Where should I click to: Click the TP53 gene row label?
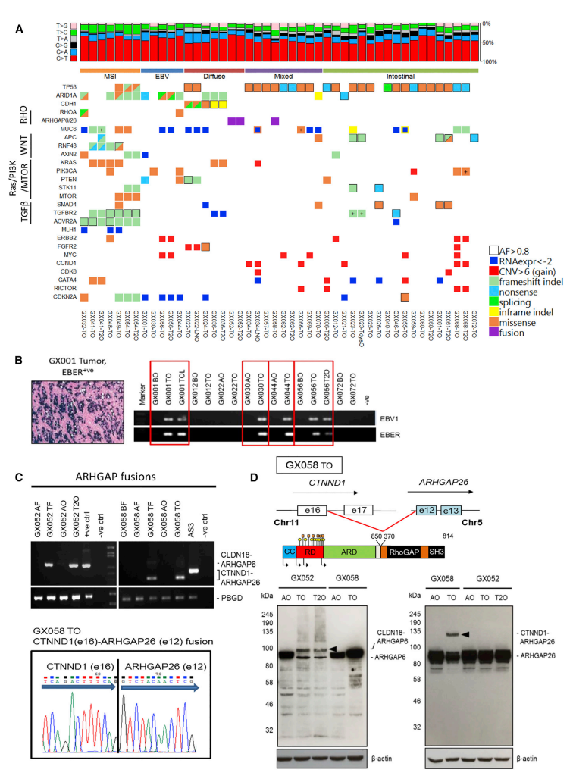click(x=65, y=88)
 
